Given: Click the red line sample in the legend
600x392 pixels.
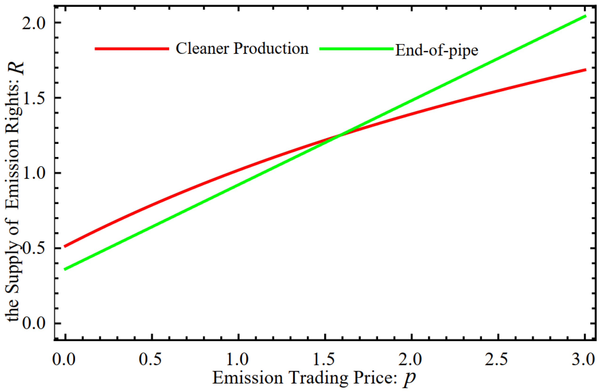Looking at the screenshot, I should tap(132, 49).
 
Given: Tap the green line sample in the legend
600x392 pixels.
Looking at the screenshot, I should tap(356, 49).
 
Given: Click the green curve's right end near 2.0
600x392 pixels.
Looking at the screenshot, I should tap(585, 16).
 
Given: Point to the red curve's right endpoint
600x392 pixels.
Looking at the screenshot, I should tap(585, 70).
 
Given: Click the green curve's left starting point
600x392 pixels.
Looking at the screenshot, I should tap(65, 269).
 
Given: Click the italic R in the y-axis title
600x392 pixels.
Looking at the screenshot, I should tap(18, 69).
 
